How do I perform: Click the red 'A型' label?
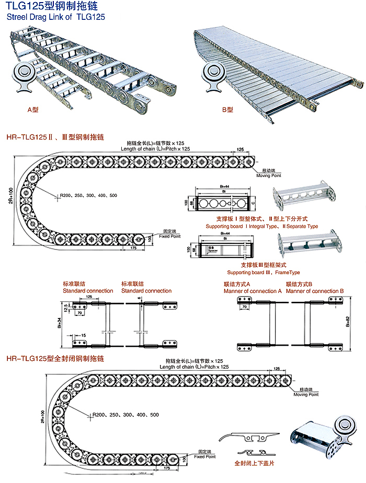pos(33,110)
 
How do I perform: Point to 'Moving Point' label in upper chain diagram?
pos(269,175)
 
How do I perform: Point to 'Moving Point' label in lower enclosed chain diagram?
pos(306,394)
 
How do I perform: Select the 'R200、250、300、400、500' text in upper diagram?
pos(88,195)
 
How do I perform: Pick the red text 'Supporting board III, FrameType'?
pos(264,273)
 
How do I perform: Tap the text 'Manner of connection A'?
pos(253,290)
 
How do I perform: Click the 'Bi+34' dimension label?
pos(60,324)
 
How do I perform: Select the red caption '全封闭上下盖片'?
pos(254,463)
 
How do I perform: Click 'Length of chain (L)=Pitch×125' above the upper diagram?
pos(155,149)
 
